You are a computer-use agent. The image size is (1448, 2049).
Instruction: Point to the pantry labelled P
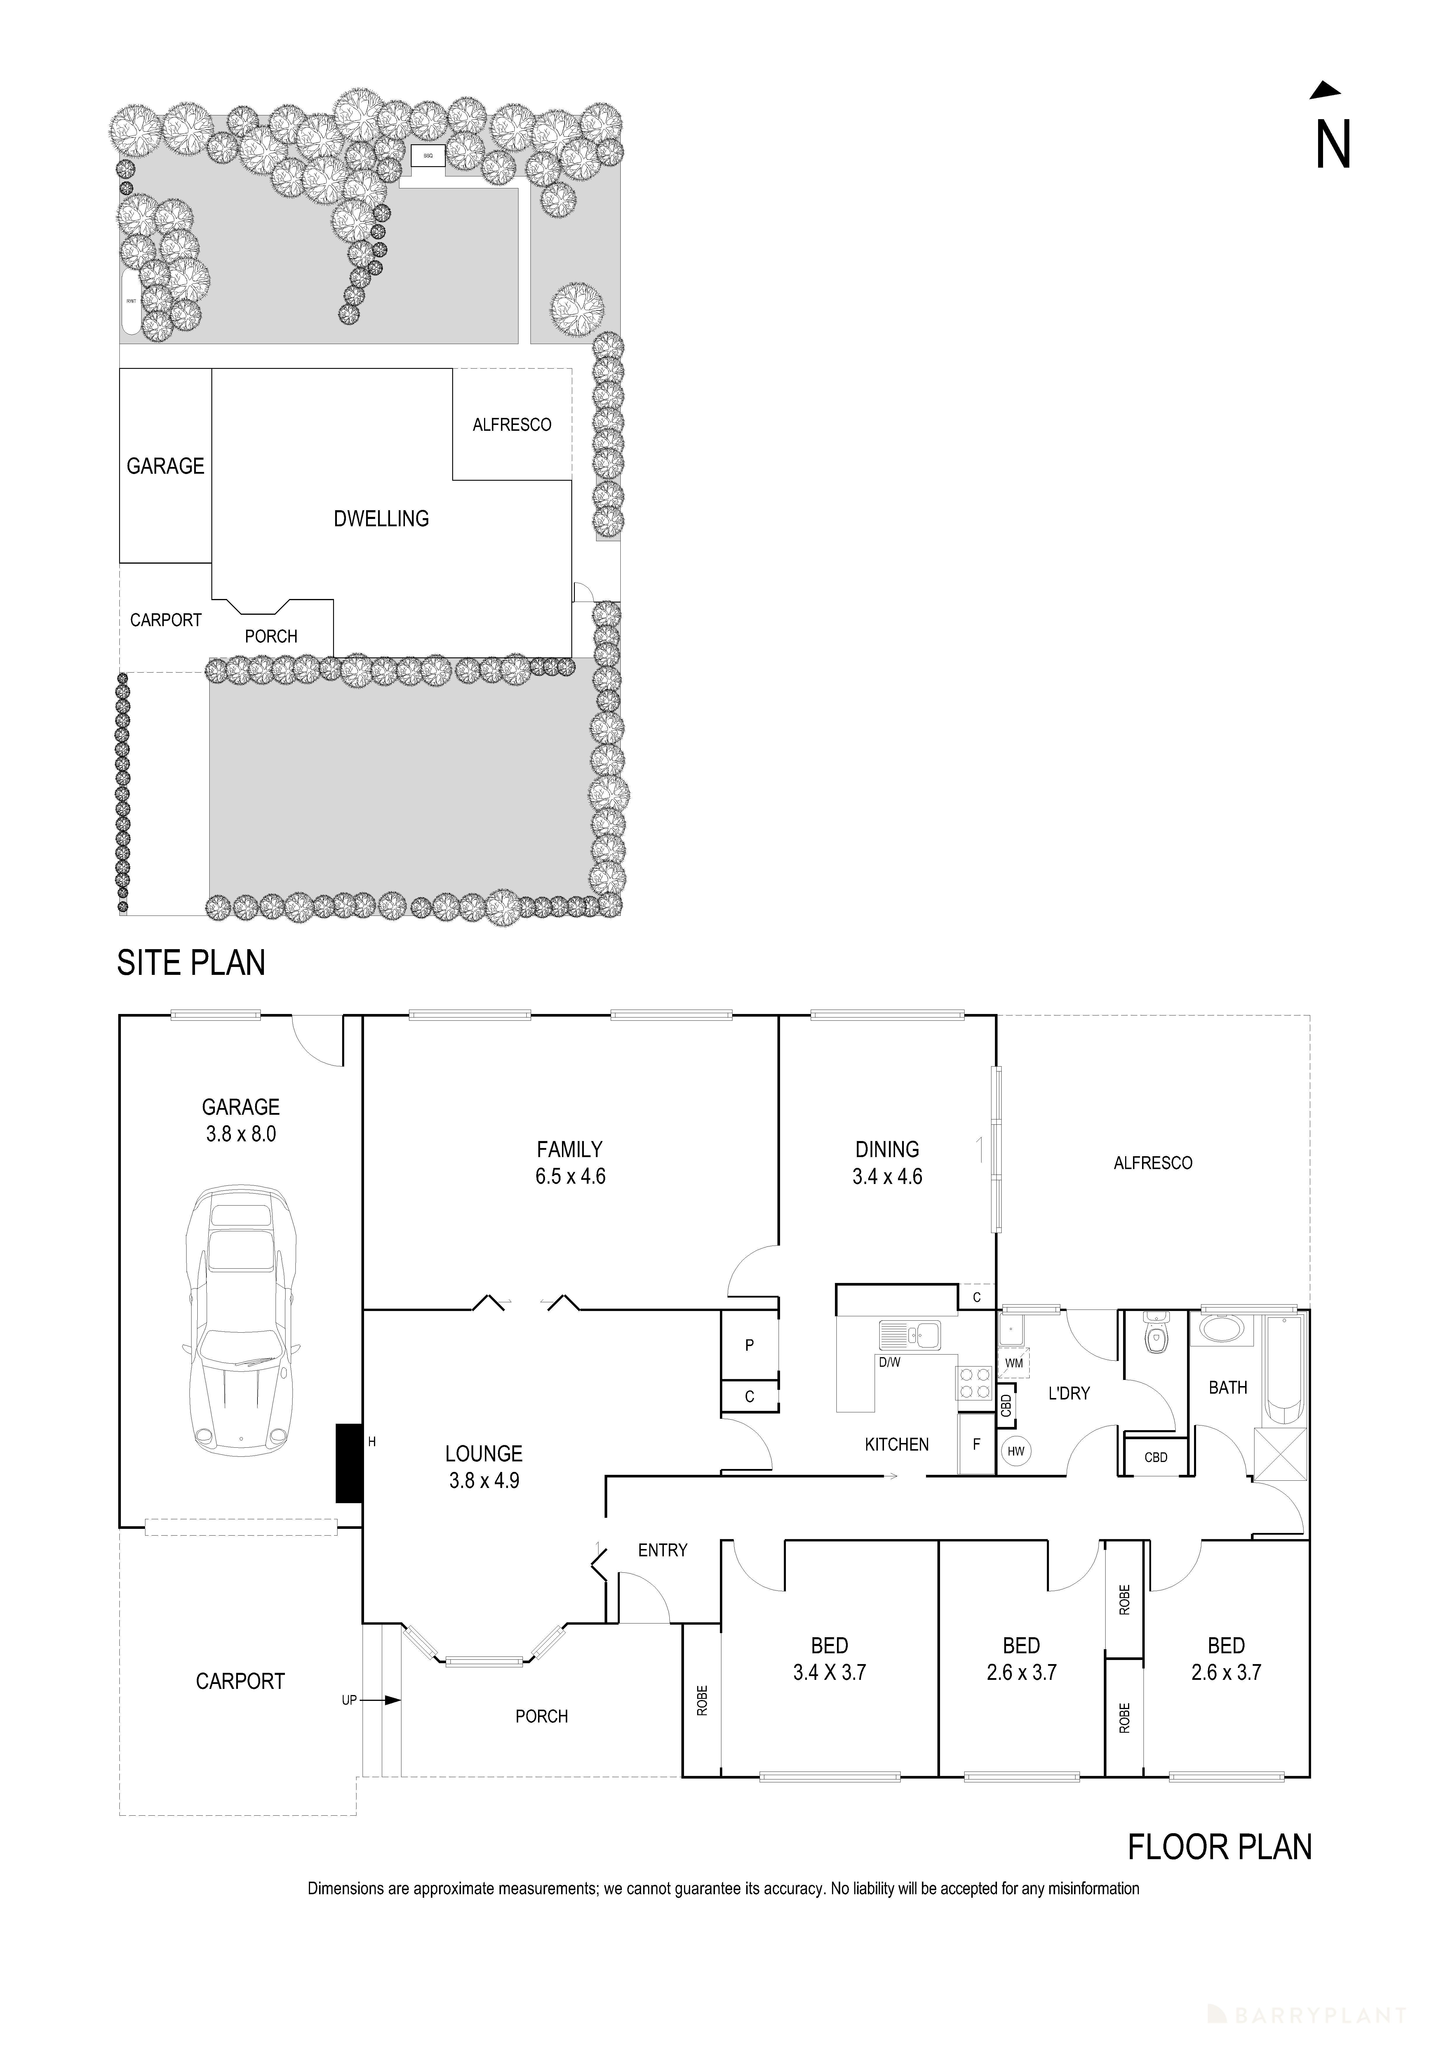(x=749, y=1345)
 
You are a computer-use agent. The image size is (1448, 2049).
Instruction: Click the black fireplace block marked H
(x=347, y=1463)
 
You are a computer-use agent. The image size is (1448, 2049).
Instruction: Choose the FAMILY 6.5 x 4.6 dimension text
(x=570, y=1163)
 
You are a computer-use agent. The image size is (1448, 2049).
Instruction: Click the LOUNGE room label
(x=483, y=1454)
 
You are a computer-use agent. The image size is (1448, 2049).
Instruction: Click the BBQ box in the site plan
(x=427, y=156)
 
